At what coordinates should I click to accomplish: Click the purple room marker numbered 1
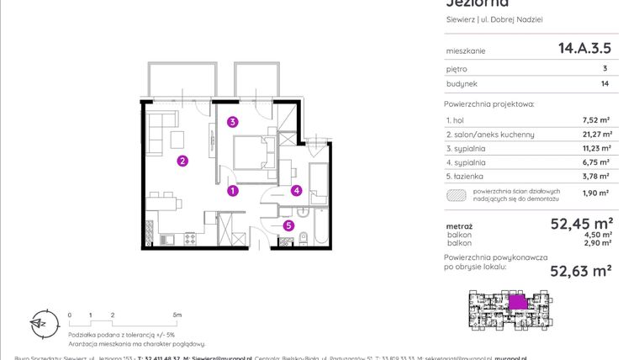(x=233, y=191)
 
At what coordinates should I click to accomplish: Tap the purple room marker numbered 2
(x=182, y=161)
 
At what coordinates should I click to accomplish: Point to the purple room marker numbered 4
(x=297, y=190)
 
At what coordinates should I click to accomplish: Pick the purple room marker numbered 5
(x=288, y=225)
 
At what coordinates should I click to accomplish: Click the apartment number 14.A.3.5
(x=584, y=49)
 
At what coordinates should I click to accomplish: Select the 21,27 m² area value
(x=597, y=134)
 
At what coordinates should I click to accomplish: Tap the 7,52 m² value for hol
(x=597, y=120)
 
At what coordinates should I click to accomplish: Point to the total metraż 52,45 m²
(x=579, y=224)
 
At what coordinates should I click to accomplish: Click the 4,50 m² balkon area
(x=598, y=235)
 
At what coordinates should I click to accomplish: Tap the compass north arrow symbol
(x=38, y=321)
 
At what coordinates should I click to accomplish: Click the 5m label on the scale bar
(x=176, y=314)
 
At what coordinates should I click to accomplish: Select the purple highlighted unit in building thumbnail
(x=520, y=300)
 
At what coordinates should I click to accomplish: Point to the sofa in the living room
(x=155, y=130)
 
